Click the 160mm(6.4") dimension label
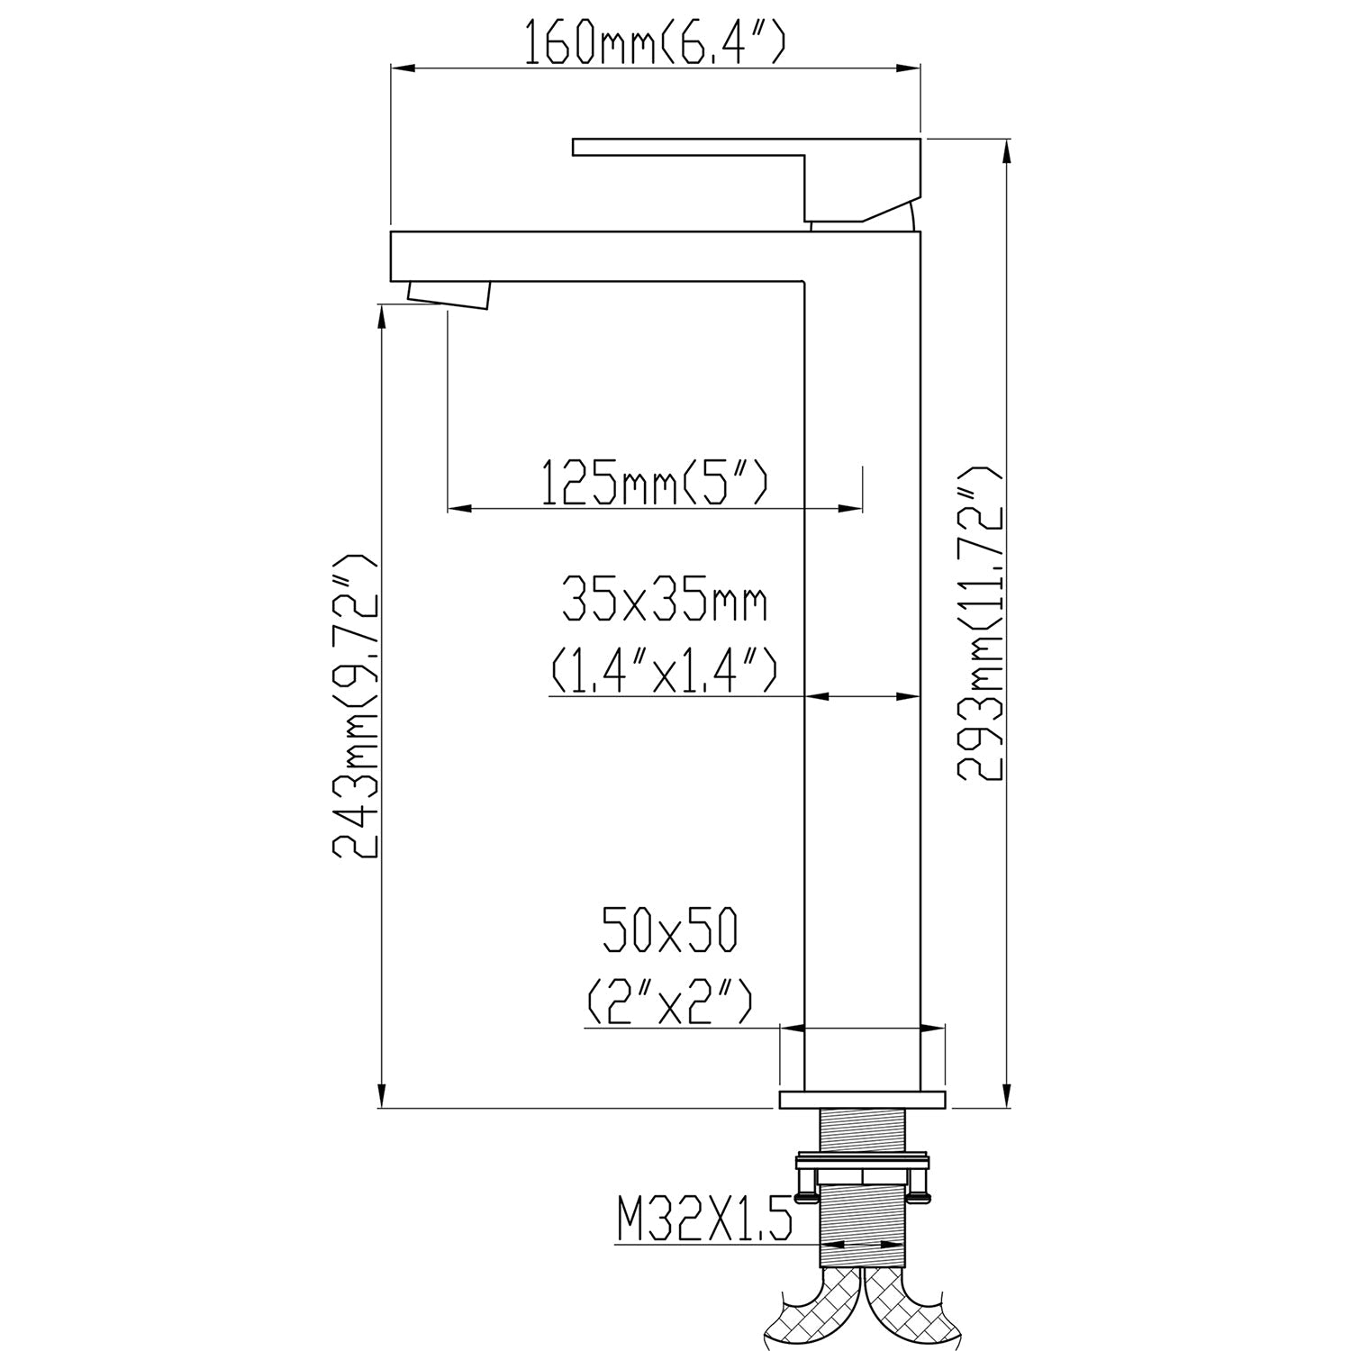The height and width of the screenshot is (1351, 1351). [x=656, y=42]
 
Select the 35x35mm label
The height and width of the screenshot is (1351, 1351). [x=665, y=601]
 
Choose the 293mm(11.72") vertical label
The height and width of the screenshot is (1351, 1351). [x=980, y=622]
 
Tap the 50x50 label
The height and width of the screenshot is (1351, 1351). [x=669, y=930]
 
